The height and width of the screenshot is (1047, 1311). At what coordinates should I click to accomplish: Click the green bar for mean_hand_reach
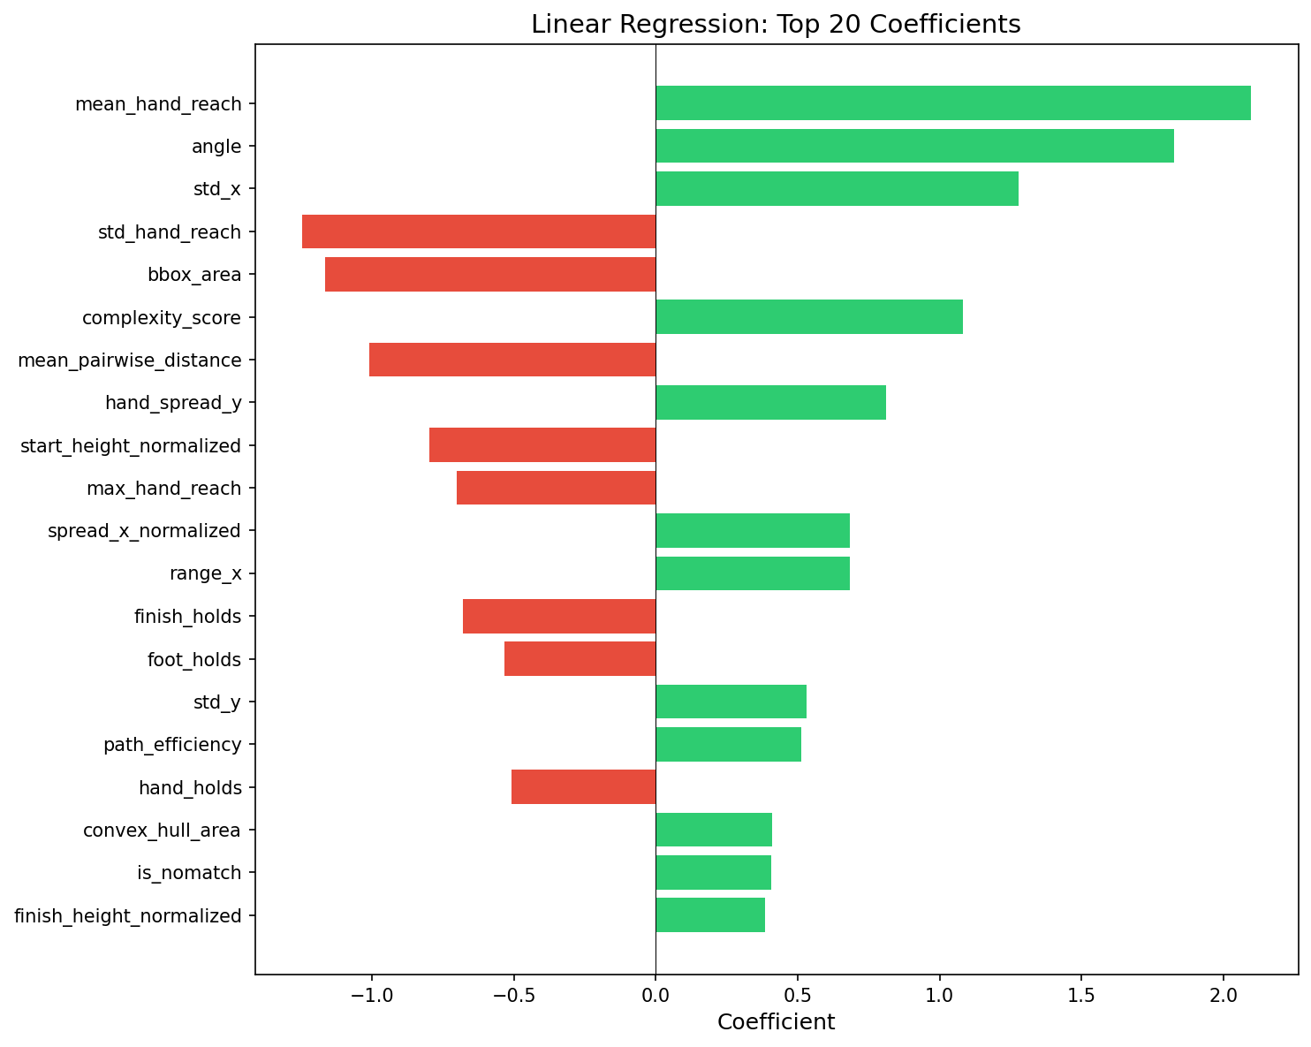pyautogui.click(x=952, y=103)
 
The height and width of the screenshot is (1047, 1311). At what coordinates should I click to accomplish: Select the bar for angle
pyautogui.click(x=914, y=146)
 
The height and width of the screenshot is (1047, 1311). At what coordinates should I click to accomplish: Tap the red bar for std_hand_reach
pyautogui.click(x=479, y=231)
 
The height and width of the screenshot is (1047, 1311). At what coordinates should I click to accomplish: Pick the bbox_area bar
pyautogui.click(x=490, y=274)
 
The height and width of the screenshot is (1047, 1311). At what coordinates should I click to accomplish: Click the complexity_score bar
pyautogui.click(x=809, y=317)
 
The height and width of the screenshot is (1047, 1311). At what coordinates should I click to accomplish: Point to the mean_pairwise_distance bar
pyautogui.click(x=512, y=360)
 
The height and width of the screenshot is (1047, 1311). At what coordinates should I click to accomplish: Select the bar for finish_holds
pyautogui.click(x=559, y=616)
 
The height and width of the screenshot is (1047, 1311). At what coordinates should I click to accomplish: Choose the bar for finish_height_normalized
pyautogui.click(x=710, y=915)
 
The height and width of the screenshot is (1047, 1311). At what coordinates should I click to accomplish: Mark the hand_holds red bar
pyautogui.click(x=583, y=787)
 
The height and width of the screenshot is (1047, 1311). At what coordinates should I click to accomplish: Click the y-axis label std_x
pyautogui.click(x=217, y=189)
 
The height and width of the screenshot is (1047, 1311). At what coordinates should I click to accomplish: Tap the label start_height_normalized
pyautogui.click(x=131, y=445)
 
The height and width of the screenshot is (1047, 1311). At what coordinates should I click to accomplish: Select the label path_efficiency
pyautogui.click(x=172, y=745)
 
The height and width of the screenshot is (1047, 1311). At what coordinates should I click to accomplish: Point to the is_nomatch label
pyautogui.click(x=189, y=873)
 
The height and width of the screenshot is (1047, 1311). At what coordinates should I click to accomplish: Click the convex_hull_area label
pyautogui.click(x=162, y=831)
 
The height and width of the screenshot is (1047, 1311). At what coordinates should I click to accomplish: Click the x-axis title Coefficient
pyautogui.click(x=776, y=1023)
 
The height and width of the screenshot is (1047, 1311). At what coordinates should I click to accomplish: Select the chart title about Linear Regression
pyautogui.click(x=776, y=24)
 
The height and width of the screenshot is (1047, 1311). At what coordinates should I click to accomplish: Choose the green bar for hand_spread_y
pyautogui.click(x=770, y=403)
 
